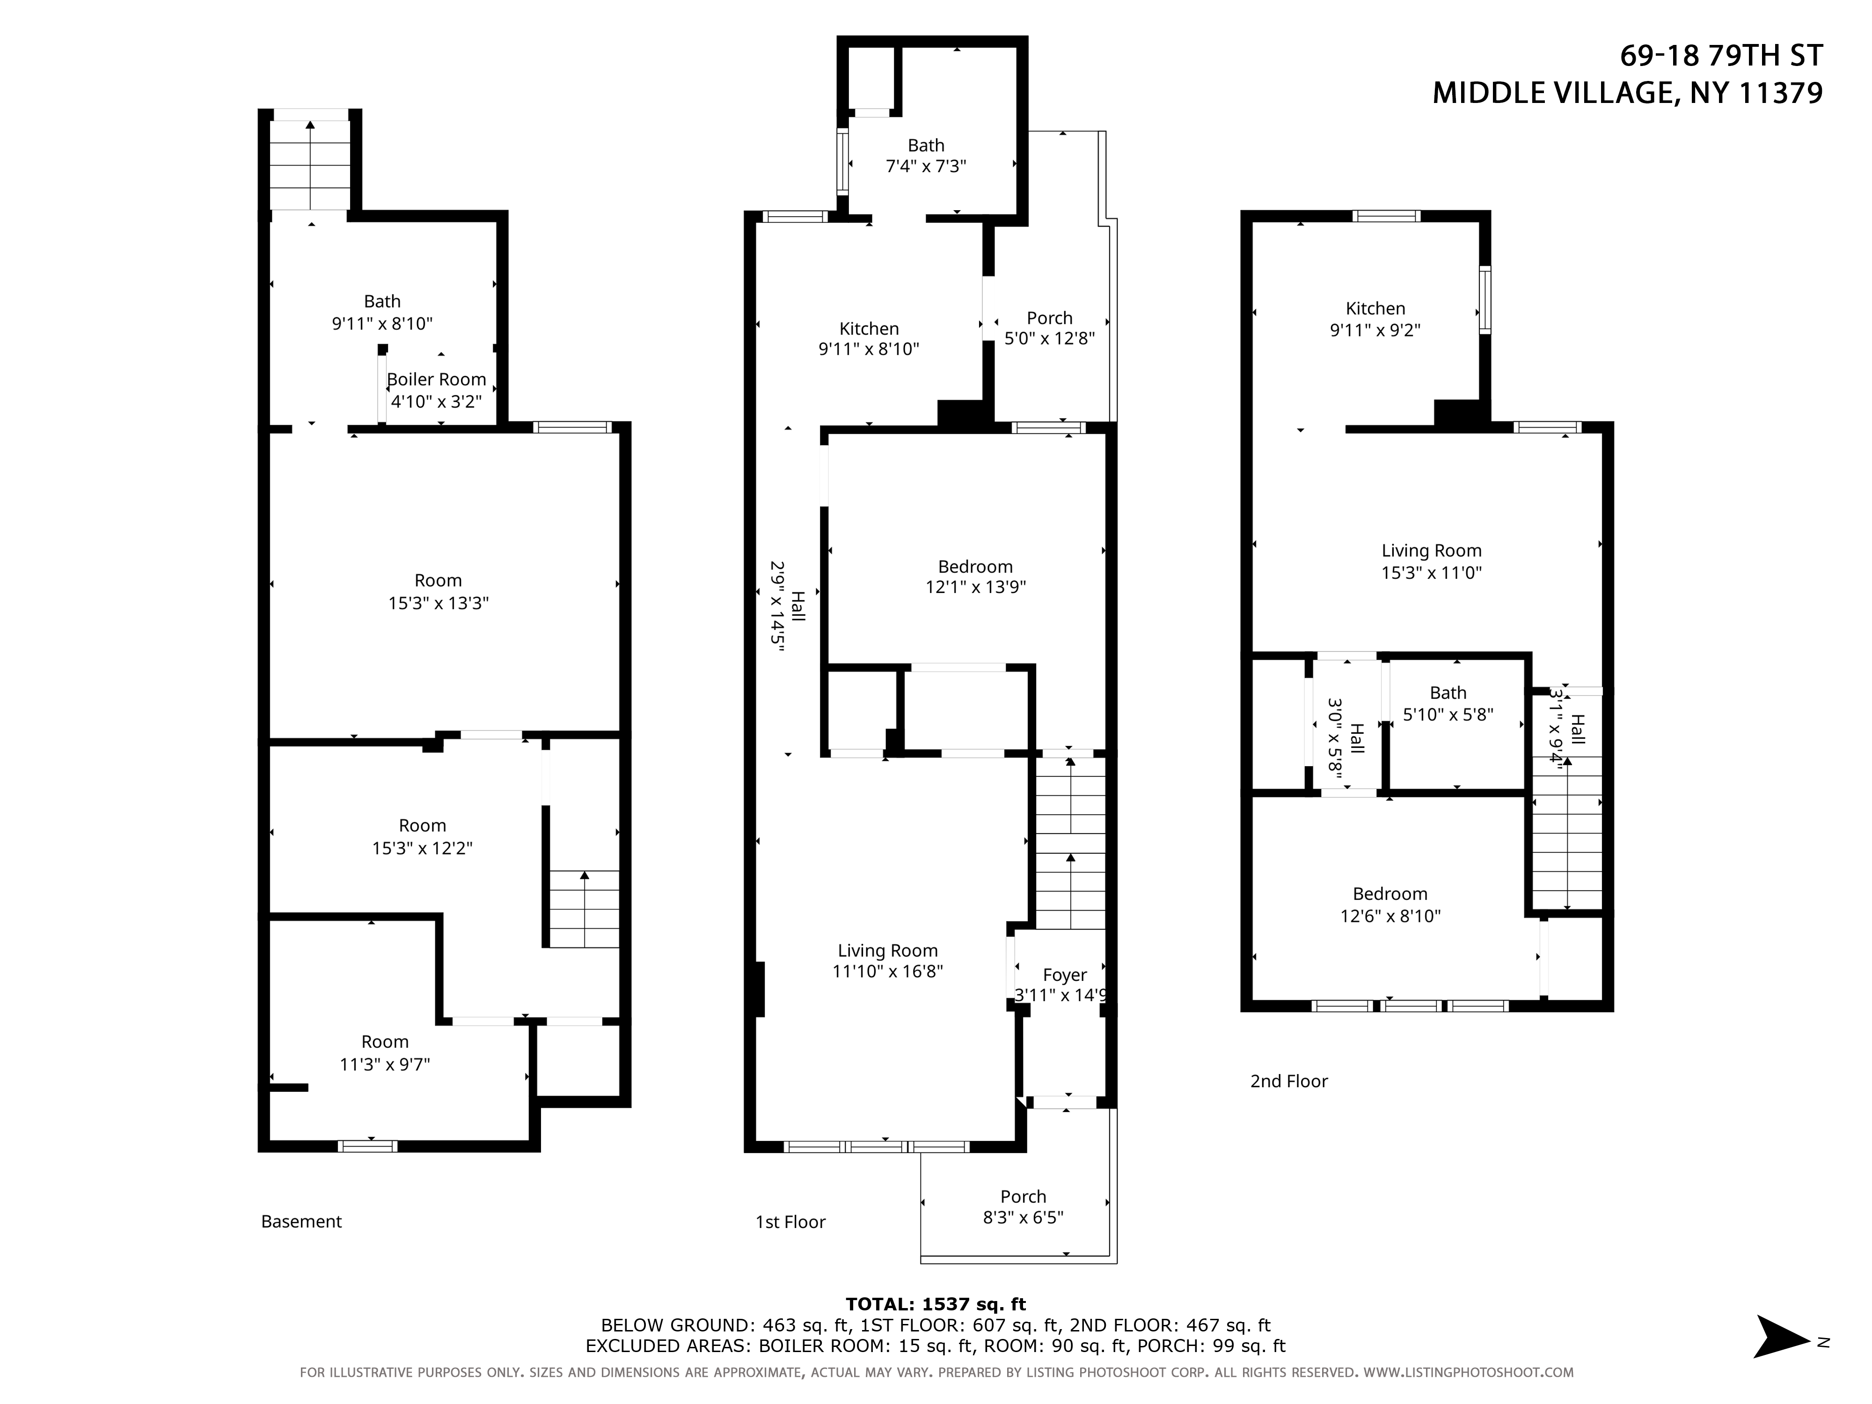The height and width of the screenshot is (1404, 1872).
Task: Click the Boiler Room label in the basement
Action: [437, 390]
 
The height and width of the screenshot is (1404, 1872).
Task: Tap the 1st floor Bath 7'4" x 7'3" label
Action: [926, 156]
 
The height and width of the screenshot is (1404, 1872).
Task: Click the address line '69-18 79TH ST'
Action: [1721, 56]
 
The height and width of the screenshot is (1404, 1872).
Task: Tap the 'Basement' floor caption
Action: [301, 1221]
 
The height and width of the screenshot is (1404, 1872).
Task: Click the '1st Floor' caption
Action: [790, 1221]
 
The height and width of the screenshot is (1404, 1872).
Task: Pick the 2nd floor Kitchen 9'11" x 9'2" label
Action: [1375, 319]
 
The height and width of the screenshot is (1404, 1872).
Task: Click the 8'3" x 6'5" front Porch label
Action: [1023, 1207]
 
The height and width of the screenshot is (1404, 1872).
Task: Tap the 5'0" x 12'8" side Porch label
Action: [1049, 329]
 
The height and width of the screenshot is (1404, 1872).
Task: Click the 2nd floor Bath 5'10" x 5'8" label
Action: [1448, 703]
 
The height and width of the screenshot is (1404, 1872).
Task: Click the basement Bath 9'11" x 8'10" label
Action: [382, 311]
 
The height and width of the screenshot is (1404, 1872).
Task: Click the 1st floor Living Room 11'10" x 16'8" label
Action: [888, 960]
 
